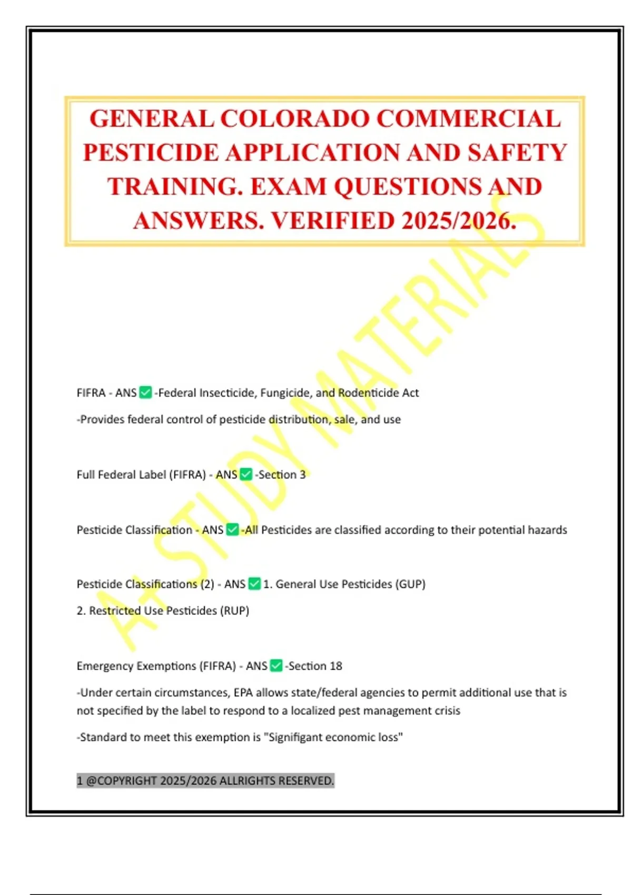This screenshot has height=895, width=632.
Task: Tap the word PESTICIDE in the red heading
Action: (x=151, y=153)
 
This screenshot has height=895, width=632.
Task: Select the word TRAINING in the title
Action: (x=175, y=187)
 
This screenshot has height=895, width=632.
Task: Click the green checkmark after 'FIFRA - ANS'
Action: (x=146, y=393)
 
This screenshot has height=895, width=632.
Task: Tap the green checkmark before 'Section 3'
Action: (x=246, y=474)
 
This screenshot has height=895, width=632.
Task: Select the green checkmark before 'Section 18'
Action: (x=276, y=666)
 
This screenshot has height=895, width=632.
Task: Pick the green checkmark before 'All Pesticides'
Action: (x=232, y=530)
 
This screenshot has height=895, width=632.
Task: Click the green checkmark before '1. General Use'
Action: (x=254, y=584)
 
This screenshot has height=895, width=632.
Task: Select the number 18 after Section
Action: (x=336, y=666)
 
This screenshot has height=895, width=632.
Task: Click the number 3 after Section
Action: (x=302, y=474)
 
